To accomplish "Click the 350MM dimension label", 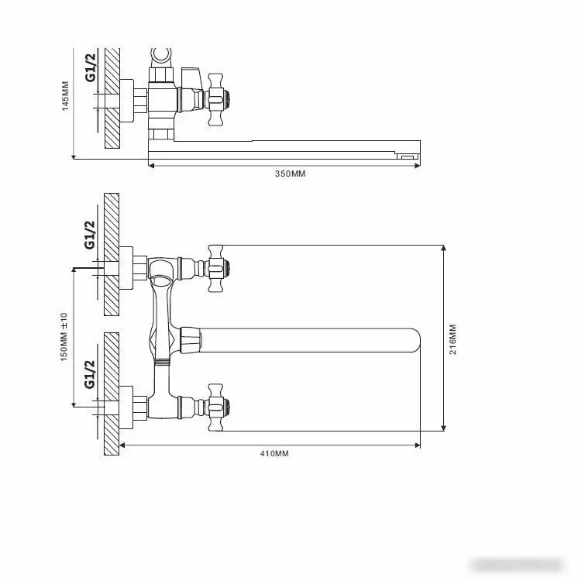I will coord(290,174).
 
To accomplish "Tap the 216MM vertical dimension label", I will coord(453,339).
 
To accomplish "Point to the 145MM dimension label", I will coord(66,97).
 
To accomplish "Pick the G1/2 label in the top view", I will coord(91,67).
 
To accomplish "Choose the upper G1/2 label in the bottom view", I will coord(90,234).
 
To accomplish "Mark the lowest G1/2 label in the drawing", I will coord(90,373).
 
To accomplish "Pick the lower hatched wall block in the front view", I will coord(112,394).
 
